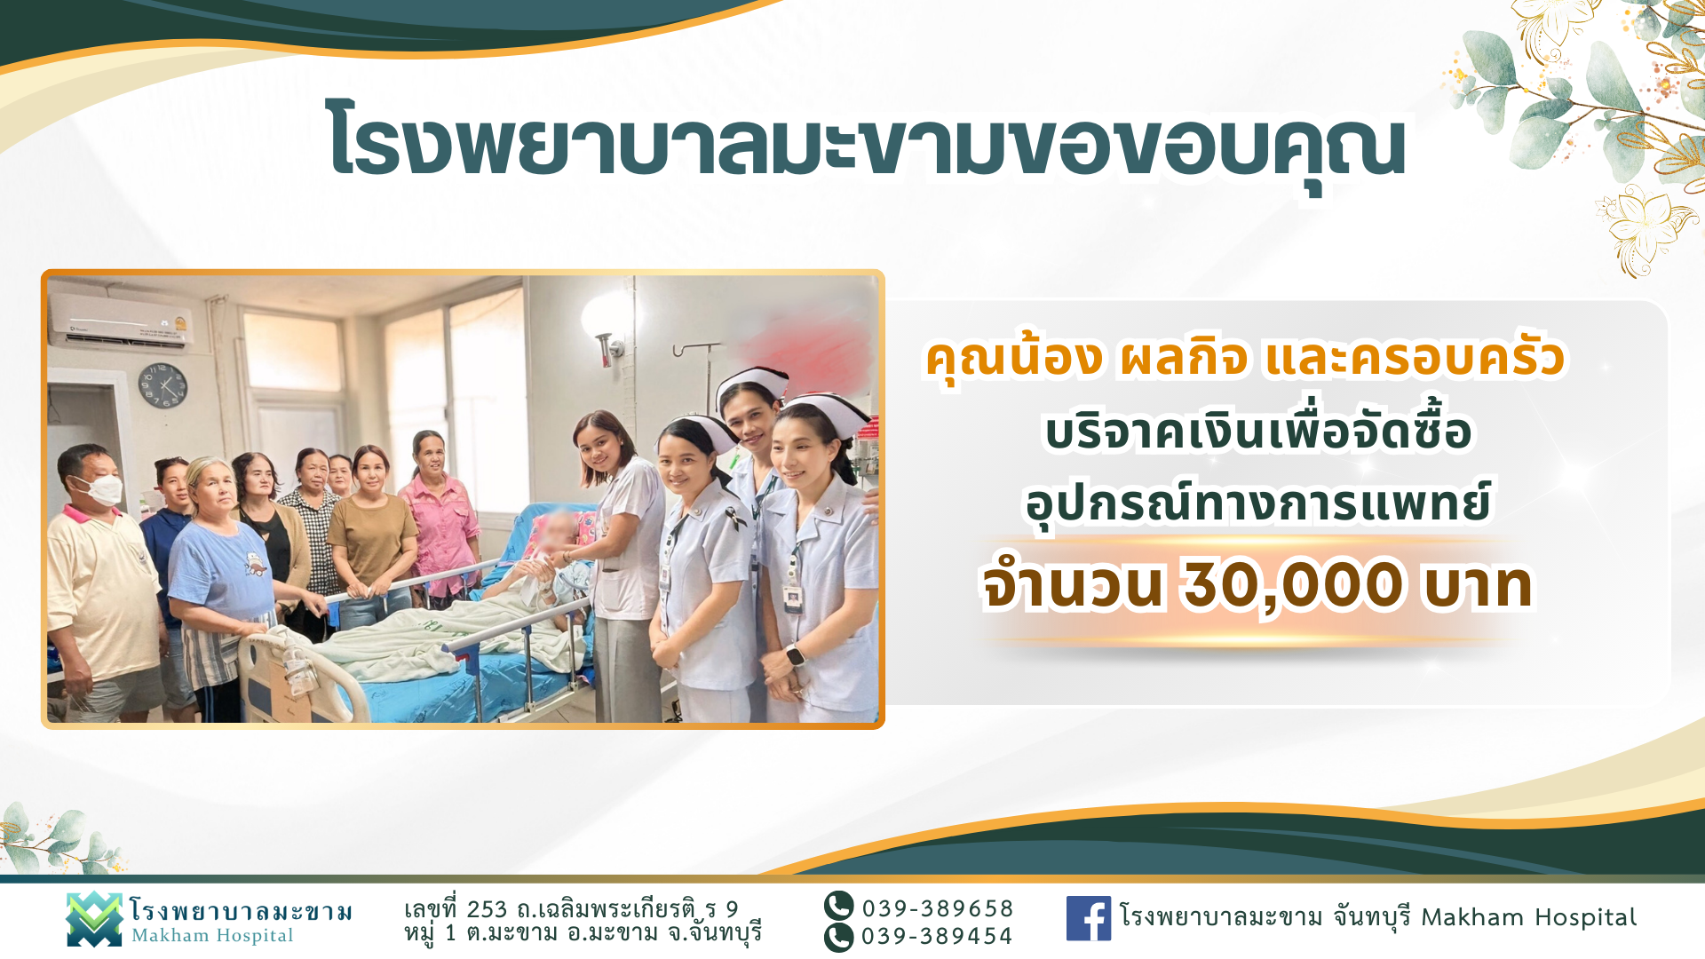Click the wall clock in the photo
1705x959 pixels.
[x=163, y=385]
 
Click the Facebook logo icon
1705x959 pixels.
[x=1089, y=918]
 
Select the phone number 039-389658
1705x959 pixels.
[x=938, y=908]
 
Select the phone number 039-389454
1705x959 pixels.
[x=937, y=936]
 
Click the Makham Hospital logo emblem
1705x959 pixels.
[x=94, y=919]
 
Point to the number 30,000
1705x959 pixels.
[x=1293, y=585]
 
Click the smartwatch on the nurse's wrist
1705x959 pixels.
[x=796, y=656]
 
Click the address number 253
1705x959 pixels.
[x=487, y=909]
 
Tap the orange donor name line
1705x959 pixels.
[x=1245, y=359]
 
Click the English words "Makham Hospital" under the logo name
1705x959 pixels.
[x=212, y=936]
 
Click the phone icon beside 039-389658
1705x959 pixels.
[x=838, y=906]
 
